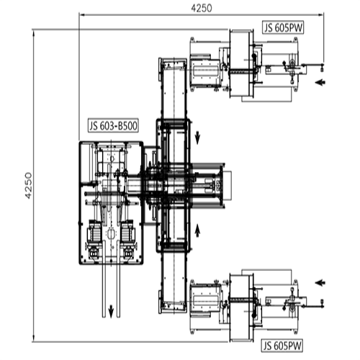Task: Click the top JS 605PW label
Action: [x=283, y=28]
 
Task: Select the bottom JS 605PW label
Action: [x=282, y=346]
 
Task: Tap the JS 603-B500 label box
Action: [x=113, y=126]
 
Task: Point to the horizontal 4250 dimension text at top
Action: [x=202, y=8]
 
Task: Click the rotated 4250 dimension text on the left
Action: [x=28, y=185]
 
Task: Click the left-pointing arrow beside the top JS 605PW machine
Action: [x=320, y=82]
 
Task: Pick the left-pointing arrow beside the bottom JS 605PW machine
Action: [x=320, y=283]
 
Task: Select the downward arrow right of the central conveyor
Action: [x=197, y=138]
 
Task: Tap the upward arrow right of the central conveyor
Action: [x=197, y=230]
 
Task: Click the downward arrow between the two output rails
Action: [x=111, y=311]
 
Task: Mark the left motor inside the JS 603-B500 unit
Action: [x=94, y=232]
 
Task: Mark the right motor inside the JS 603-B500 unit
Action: [x=127, y=232]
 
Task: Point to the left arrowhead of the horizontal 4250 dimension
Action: [x=82, y=15]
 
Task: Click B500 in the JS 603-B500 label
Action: [x=127, y=126]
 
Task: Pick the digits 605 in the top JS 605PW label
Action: [x=281, y=28]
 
